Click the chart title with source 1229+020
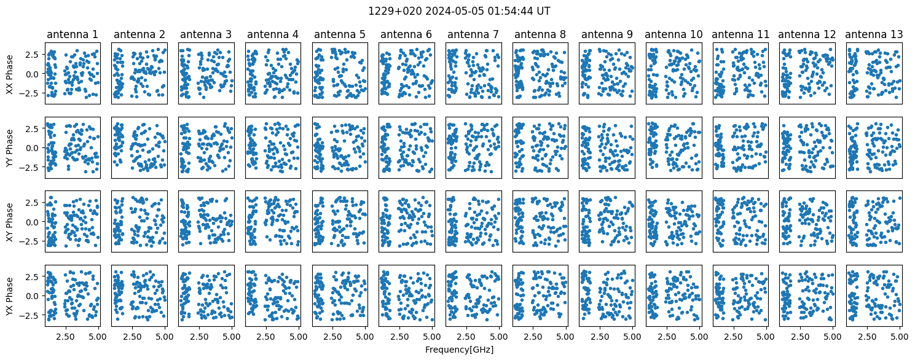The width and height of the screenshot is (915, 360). [459, 11]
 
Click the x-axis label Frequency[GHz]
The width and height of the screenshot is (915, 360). [459, 350]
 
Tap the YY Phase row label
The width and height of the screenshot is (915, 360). [9, 148]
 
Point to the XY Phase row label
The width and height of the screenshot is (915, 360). [9, 222]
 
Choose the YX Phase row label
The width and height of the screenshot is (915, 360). [9, 296]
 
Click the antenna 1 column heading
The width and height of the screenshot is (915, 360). [73, 34]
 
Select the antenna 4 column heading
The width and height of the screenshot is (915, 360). [273, 34]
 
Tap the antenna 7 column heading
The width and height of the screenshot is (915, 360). [473, 34]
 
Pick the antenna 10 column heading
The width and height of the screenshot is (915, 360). [673, 34]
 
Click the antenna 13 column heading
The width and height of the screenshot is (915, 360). [874, 34]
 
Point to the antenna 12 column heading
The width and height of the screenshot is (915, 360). [807, 34]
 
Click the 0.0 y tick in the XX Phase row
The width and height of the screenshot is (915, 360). [34, 74]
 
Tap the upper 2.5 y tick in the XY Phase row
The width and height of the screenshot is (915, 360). [34, 203]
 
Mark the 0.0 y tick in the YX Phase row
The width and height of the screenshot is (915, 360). [34, 296]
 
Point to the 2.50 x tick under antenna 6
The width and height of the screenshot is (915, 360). [399, 337]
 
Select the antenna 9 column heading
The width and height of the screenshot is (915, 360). [607, 34]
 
